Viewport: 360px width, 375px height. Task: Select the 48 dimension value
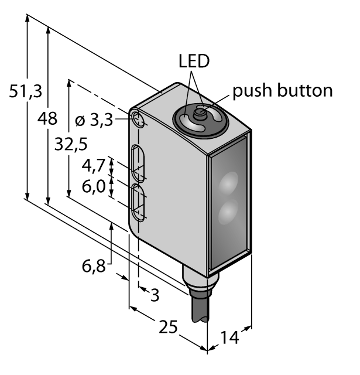(x=47, y=119)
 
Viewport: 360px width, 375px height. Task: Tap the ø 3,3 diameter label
(x=95, y=121)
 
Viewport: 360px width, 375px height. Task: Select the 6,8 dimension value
(x=93, y=267)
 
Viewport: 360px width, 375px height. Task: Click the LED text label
(x=194, y=62)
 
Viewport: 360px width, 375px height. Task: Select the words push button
(x=283, y=91)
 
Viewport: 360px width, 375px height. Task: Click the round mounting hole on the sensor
(x=139, y=120)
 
